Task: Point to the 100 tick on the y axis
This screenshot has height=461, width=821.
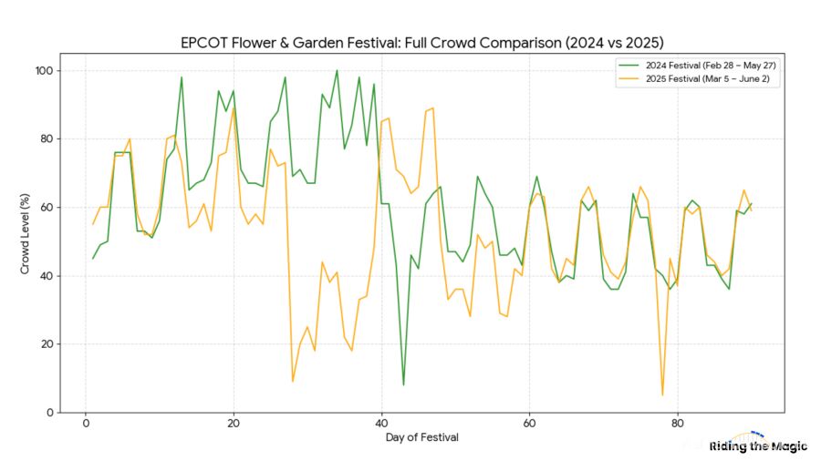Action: pyautogui.click(x=42, y=71)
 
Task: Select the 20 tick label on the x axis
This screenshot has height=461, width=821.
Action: pyautogui.click(x=234, y=424)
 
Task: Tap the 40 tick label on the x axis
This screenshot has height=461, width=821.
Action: pyautogui.click(x=381, y=424)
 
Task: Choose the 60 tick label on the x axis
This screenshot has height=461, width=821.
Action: pyautogui.click(x=529, y=424)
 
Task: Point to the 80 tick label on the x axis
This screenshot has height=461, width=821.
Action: pyautogui.click(x=677, y=424)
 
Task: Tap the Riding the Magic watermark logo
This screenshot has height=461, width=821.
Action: pyautogui.click(x=758, y=445)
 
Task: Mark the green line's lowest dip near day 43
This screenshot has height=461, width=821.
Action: pyautogui.click(x=403, y=384)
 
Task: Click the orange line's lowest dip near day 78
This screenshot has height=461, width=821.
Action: pyautogui.click(x=662, y=394)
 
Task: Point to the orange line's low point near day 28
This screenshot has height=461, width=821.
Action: pyautogui.click(x=293, y=381)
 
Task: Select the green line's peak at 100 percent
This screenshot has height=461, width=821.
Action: pyautogui.click(x=337, y=71)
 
